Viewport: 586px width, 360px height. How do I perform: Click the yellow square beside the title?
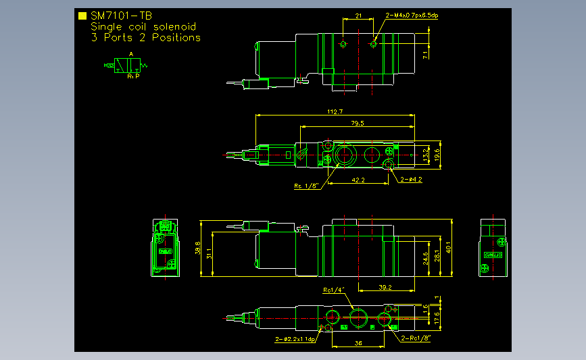(82, 16)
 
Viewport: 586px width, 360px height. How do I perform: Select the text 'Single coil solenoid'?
(143, 26)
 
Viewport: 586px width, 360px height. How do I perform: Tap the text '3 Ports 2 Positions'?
(145, 38)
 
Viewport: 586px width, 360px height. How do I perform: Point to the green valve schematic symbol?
(127, 66)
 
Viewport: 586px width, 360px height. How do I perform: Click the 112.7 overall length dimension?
(335, 112)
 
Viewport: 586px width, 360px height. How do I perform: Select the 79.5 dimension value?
(358, 124)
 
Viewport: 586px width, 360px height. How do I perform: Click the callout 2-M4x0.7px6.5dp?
(412, 15)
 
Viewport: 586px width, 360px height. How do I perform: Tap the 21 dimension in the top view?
(359, 15)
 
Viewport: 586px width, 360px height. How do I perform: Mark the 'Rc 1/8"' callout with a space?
(306, 186)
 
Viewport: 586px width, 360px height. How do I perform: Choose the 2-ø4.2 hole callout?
(411, 180)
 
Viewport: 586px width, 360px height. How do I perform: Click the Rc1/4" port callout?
(334, 290)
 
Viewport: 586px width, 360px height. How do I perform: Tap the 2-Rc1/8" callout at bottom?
(416, 338)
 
